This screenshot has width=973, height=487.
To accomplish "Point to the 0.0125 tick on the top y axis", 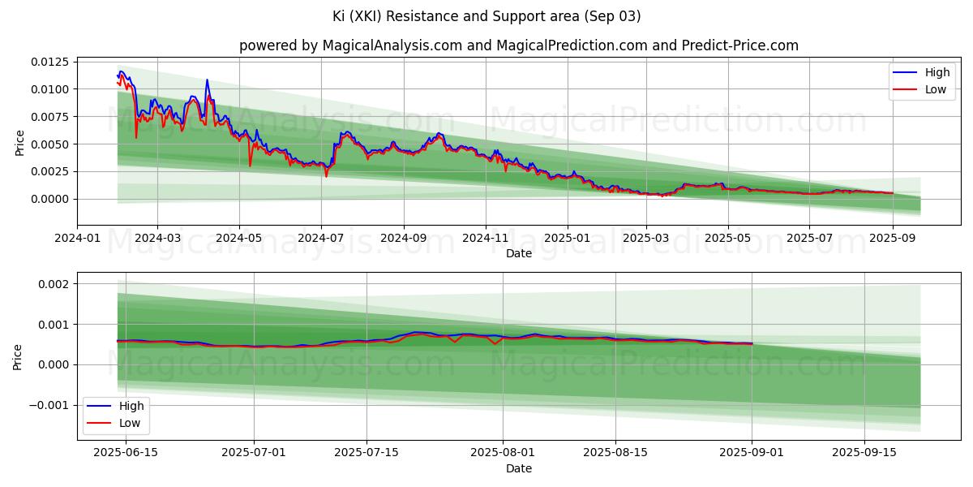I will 50,62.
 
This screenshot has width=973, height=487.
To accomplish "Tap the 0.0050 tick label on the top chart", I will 50,144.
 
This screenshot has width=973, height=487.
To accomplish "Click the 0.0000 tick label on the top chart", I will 50,199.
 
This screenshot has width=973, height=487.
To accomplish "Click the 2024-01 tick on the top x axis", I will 78,239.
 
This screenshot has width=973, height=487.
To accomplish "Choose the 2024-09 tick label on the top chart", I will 403,239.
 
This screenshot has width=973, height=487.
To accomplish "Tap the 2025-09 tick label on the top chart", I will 892,239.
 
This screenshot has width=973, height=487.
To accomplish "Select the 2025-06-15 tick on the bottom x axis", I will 126,453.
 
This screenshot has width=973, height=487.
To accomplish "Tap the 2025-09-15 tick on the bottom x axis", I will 864,453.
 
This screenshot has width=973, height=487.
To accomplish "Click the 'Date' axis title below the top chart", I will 519,253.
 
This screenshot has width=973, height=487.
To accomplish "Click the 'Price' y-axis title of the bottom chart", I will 19,356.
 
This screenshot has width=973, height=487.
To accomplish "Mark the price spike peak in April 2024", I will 207,80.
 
